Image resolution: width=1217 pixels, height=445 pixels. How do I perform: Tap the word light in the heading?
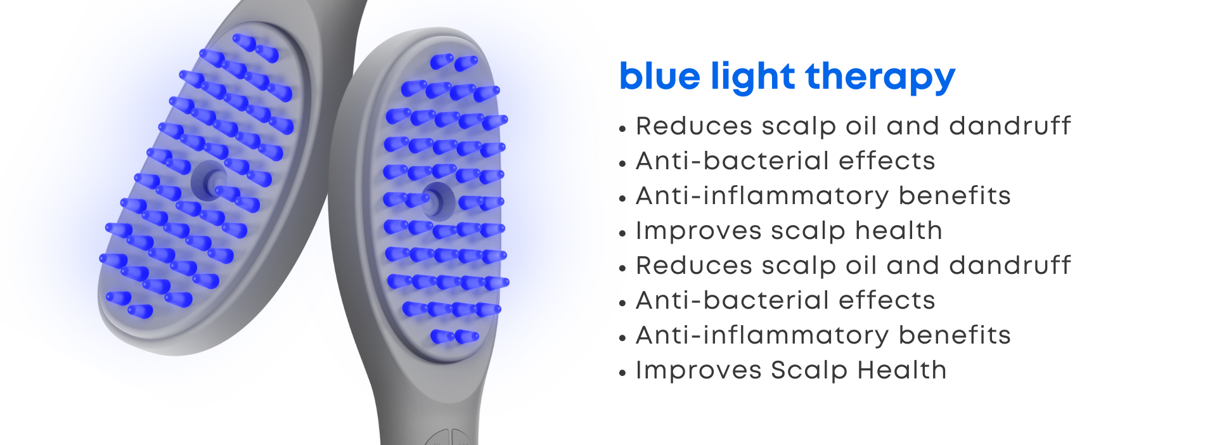coord(753,77)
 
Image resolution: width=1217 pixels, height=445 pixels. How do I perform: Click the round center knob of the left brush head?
coord(210,179)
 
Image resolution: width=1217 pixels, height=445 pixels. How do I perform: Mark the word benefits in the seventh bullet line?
coord(955,335)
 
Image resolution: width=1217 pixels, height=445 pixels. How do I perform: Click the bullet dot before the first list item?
coord(622,129)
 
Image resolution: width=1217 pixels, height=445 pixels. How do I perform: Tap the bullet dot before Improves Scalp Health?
coord(622,373)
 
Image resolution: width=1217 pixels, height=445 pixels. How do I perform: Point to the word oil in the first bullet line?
coord(860,126)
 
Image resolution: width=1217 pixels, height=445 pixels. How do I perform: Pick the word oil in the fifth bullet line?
coord(860,266)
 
